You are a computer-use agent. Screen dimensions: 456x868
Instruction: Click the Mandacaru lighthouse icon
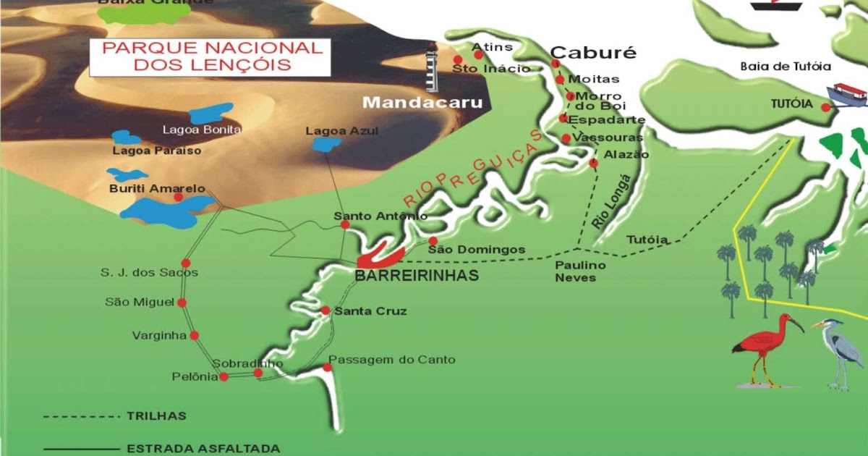click(x=433, y=67)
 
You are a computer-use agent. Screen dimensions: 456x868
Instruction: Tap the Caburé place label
click(x=593, y=53)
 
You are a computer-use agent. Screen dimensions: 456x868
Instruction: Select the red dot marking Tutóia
click(x=825, y=107)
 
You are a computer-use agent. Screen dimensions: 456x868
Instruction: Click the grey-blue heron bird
click(x=839, y=351)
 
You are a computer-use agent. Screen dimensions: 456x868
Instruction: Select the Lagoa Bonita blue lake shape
click(x=210, y=114)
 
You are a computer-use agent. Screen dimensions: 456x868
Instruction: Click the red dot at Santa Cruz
click(x=325, y=311)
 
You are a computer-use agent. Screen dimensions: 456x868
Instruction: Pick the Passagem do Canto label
click(x=392, y=360)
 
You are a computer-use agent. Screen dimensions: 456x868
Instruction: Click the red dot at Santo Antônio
click(x=345, y=224)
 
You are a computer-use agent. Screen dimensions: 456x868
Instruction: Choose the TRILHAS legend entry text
click(x=156, y=416)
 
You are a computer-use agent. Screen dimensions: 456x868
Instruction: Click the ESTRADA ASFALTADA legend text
click(x=203, y=449)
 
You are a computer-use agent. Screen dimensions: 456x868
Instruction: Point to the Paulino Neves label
click(x=580, y=271)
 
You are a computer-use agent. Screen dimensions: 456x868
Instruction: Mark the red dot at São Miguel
click(x=182, y=303)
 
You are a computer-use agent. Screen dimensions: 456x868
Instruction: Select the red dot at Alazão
click(x=593, y=164)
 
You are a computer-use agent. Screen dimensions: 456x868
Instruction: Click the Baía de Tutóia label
click(x=785, y=67)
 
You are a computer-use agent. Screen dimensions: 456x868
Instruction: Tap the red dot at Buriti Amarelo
click(x=178, y=197)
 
